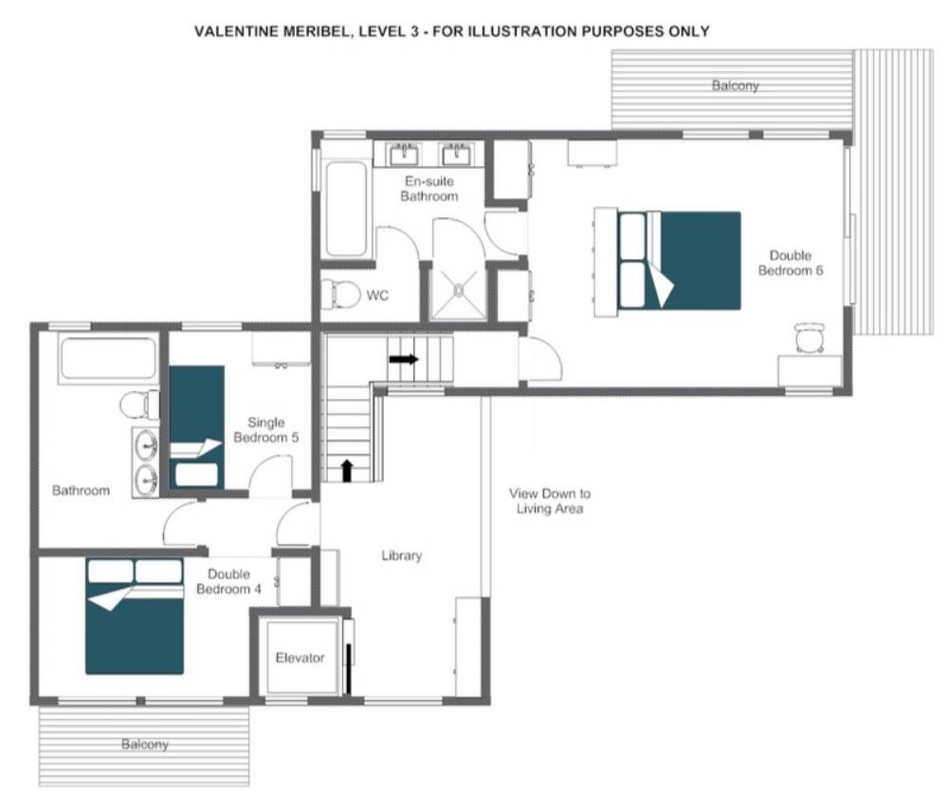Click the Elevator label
point(300,658)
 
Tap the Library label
point(401,556)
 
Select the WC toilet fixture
point(333,294)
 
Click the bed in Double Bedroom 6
point(667,261)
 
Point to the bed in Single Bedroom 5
point(196,428)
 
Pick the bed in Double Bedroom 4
point(135,616)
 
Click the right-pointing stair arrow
point(404,359)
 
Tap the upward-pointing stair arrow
point(347,471)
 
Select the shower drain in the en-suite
point(458,290)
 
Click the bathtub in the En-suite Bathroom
point(346,208)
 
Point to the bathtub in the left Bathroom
point(108,359)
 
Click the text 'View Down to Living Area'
point(550,502)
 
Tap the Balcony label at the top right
point(736,85)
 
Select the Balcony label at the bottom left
point(144,745)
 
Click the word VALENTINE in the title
point(236,31)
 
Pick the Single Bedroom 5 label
point(266,430)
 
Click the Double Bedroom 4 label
point(228,581)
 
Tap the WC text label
point(377,296)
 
